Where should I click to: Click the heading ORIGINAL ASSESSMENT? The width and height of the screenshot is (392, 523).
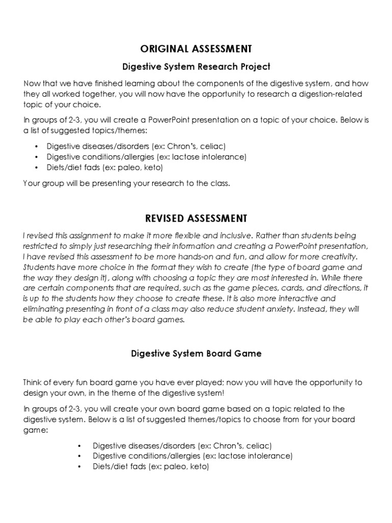point(196,49)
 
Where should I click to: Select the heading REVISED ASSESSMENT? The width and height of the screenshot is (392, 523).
point(196,218)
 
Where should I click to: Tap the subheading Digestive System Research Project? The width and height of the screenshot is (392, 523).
point(196,66)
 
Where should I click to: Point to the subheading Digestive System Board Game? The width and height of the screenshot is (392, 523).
point(196,353)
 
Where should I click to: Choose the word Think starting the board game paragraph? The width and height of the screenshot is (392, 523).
point(33,382)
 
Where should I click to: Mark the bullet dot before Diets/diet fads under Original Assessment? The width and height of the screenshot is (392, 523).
point(37,167)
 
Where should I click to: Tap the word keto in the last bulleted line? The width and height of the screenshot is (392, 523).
point(200,466)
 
